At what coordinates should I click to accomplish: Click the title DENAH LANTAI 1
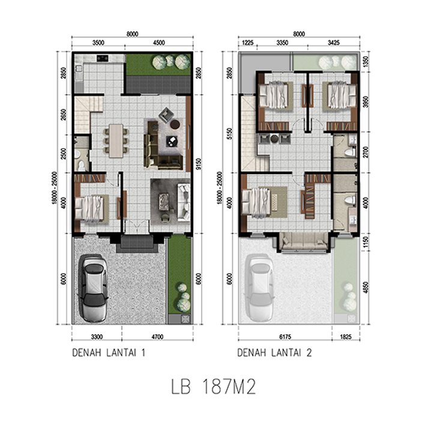[x=109, y=352]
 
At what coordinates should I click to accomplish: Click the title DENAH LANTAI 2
[x=274, y=352]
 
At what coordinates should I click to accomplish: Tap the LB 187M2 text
[x=214, y=387]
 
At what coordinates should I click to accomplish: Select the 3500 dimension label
[x=98, y=43]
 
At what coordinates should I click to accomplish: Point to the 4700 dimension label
[x=157, y=337]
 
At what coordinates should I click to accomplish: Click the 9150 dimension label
[x=198, y=164]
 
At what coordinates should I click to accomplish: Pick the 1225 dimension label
[x=248, y=43]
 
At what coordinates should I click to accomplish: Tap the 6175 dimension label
[x=285, y=337]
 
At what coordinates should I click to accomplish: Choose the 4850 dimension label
[x=365, y=288]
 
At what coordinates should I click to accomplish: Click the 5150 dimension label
[x=229, y=134]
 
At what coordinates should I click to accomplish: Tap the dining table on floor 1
[x=116, y=140]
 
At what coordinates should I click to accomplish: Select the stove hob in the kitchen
[x=103, y=58]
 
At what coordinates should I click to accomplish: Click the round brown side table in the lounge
[x=175, y=124]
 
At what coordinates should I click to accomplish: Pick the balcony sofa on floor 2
[x=304, y=241]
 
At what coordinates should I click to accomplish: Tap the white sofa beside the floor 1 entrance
[x=184, y=202]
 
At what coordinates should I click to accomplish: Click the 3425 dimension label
[x=334, y=43]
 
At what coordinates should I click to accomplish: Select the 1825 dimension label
[x=346, y=337]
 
